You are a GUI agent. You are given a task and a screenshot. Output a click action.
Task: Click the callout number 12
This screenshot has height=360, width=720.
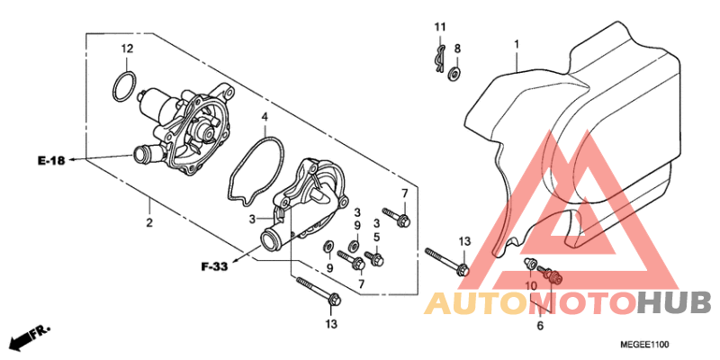pyautogui.click(x=127, y=48)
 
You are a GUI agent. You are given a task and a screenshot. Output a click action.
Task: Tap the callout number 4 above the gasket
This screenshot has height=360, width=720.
pyautogui.click(x=265, y=117)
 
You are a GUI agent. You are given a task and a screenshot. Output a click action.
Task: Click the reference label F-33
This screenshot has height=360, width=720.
pyautogui.click(x=214, y=266)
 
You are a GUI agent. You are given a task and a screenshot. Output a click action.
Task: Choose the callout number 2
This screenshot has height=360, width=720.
pyautogui.click(x=149, y=223)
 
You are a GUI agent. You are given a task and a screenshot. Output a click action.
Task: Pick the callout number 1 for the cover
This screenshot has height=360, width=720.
pyautogui.click(x=516, y=44)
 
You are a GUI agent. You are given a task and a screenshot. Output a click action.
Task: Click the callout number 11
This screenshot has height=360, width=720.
pyautogui.click(x=440, y=27)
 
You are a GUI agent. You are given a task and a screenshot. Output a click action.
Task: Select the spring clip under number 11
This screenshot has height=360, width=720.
pyautogui.click(x=439, y=58)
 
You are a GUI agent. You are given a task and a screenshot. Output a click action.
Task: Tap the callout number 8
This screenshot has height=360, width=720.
pyautogui.click(x=457, y=49)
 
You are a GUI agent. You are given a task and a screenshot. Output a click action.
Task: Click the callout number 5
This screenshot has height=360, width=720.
pyautogui.click(x=376, y=238)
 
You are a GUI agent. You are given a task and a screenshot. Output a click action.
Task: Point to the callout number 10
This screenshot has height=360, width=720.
pyautogui.click(x=531, y=286)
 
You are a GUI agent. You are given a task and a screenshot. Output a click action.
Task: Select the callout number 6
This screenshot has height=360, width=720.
pyautogui.click(x=540, y=326)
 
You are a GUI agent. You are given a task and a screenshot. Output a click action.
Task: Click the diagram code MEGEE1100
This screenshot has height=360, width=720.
pyautogui.click(x=644, y=345)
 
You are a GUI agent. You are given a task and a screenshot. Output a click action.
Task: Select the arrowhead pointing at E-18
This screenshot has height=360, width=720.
pyautogui.click(x=74, y=160)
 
